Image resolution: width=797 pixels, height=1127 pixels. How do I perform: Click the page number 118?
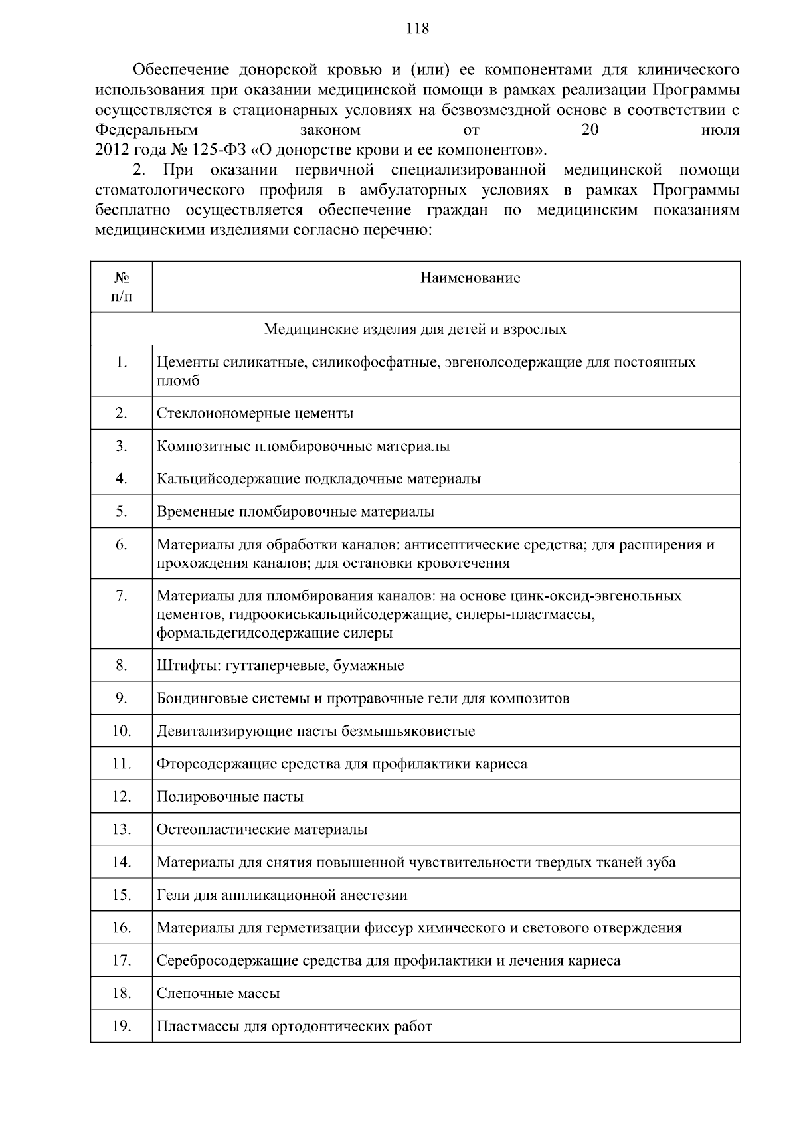(x=417, y=29)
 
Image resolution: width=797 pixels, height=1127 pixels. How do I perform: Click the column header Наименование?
(x=470, y=278)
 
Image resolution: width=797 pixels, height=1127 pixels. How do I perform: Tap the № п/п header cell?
(x=121, y=287)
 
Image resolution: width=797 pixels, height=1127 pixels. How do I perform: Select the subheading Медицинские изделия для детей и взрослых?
(x=415, y=329)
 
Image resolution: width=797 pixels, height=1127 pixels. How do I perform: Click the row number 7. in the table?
(x=121, y=596)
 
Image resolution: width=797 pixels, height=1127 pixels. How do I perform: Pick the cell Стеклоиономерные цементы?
(x=255, y=414)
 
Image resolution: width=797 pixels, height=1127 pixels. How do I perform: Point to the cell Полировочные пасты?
(x=230, y=797)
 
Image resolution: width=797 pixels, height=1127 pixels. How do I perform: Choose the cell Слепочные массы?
(x=218, y=994)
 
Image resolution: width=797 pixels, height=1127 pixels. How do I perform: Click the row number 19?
(x=121, y=1027)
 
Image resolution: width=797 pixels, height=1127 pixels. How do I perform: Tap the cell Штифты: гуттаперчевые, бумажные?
(x=280, y=666)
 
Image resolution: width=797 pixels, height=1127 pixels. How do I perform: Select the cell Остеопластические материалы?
(x=262, y=830)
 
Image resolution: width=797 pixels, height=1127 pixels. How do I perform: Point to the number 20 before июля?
(x=590, y=130)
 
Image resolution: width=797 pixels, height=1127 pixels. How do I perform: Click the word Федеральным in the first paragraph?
(x=146, y=130)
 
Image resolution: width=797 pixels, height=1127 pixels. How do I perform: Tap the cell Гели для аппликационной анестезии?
(x=282, y=895)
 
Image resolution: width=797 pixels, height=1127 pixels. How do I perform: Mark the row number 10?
(x=121, y=731)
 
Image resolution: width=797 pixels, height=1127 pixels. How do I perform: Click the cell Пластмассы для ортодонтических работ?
(x=294, y=1027)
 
